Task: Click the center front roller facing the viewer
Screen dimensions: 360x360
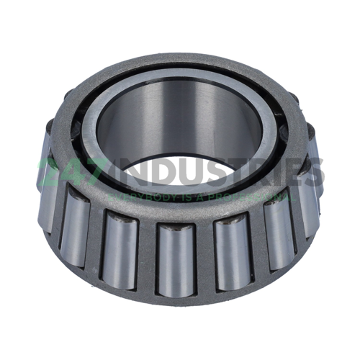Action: [x=176, y=259]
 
